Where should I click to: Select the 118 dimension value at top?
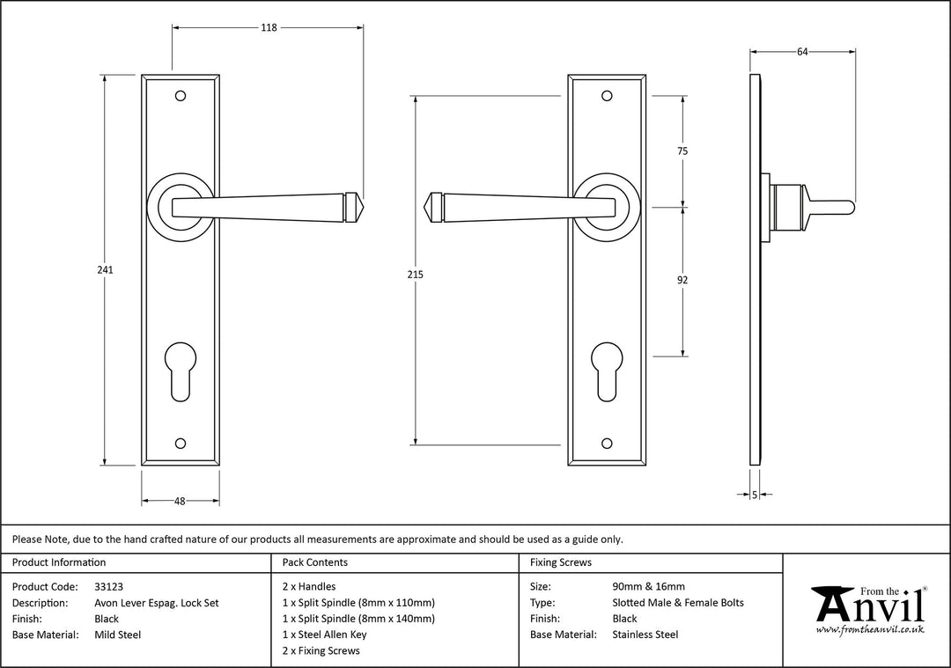click(x=269, y=28)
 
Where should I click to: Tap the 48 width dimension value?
click(x=180, y=501)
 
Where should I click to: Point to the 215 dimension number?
click(x=416, y=275)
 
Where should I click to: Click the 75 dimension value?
click(x=682, y=151)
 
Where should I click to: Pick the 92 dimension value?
click(x=682, y=281)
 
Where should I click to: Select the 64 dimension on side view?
click(x=802, y=52)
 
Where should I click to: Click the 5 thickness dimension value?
click(x=755, y=495)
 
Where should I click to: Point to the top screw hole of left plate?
click(x=181, y=94)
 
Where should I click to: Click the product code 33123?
click(x=108, y=587)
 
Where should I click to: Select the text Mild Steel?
click(x=117, y=635)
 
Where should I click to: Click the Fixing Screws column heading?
click(x=561, y=562)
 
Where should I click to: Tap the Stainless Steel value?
click(x=645, y=635)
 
